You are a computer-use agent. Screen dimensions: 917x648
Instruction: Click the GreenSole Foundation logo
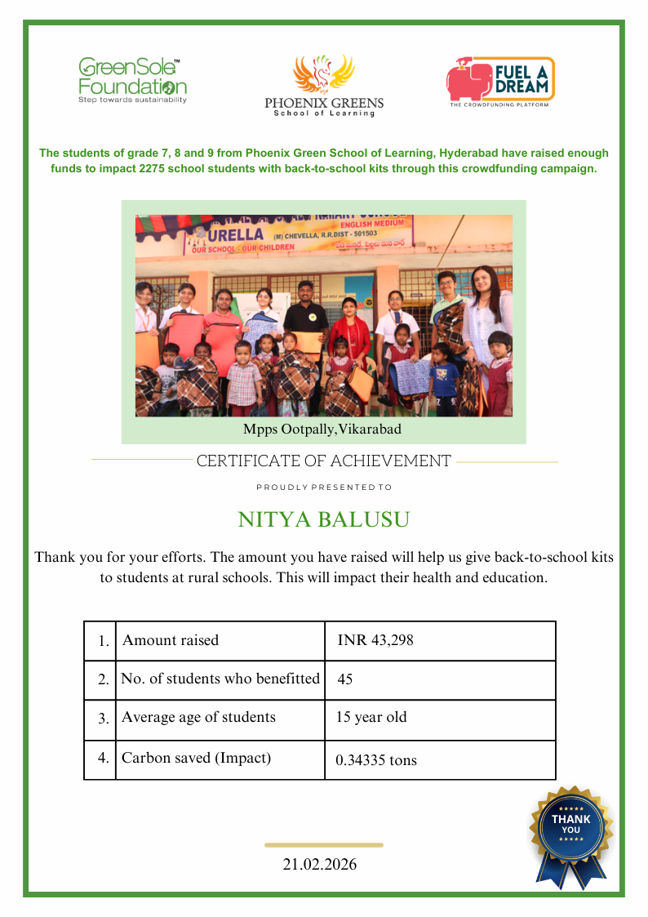(132, 80)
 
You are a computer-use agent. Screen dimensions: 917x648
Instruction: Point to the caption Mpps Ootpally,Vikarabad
(322, 428)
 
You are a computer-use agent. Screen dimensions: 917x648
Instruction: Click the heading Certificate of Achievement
(323, 461)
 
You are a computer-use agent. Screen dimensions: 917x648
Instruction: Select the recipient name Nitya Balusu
(323, 519)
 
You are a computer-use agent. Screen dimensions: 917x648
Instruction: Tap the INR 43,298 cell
(375, 640)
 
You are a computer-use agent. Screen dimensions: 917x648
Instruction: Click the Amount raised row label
(171, 640)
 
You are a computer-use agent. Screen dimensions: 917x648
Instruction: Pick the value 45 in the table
(344, 679)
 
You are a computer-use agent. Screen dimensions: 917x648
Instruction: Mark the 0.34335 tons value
(376, 760)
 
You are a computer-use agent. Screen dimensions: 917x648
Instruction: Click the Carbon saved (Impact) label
(196, 758)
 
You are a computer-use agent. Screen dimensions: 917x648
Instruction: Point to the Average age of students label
(198, 718)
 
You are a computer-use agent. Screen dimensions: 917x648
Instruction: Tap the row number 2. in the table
(103, 679)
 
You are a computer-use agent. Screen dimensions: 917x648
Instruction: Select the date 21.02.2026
(320, 865)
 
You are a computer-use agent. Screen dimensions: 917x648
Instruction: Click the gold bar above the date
(324, 845)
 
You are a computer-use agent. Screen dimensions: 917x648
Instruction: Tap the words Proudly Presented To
(324, 487)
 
